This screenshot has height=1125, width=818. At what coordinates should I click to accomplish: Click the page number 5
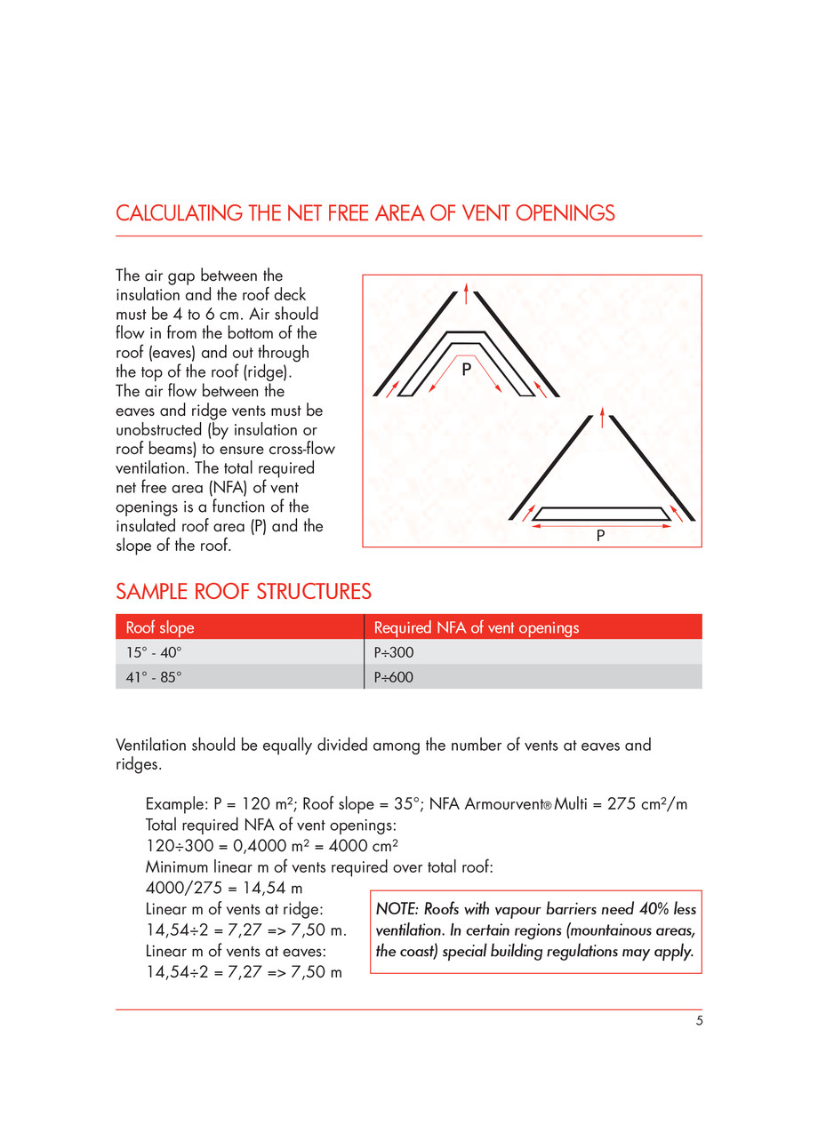699,1021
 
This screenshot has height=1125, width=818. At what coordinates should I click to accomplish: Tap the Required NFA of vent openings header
476,627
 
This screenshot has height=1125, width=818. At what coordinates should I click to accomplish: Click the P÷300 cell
394,652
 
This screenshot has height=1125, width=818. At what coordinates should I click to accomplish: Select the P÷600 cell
394,677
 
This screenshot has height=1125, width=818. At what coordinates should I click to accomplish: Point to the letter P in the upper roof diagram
465,374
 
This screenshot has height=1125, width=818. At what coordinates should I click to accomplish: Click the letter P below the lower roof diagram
601,536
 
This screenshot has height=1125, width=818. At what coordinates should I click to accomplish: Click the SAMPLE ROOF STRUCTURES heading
244,592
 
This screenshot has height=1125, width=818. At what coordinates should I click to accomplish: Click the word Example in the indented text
175,804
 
